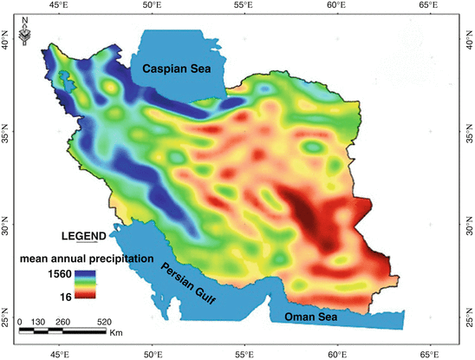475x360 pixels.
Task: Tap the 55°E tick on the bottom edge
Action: tap(244, 354)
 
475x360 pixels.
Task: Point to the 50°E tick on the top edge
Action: tap(152, 7)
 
